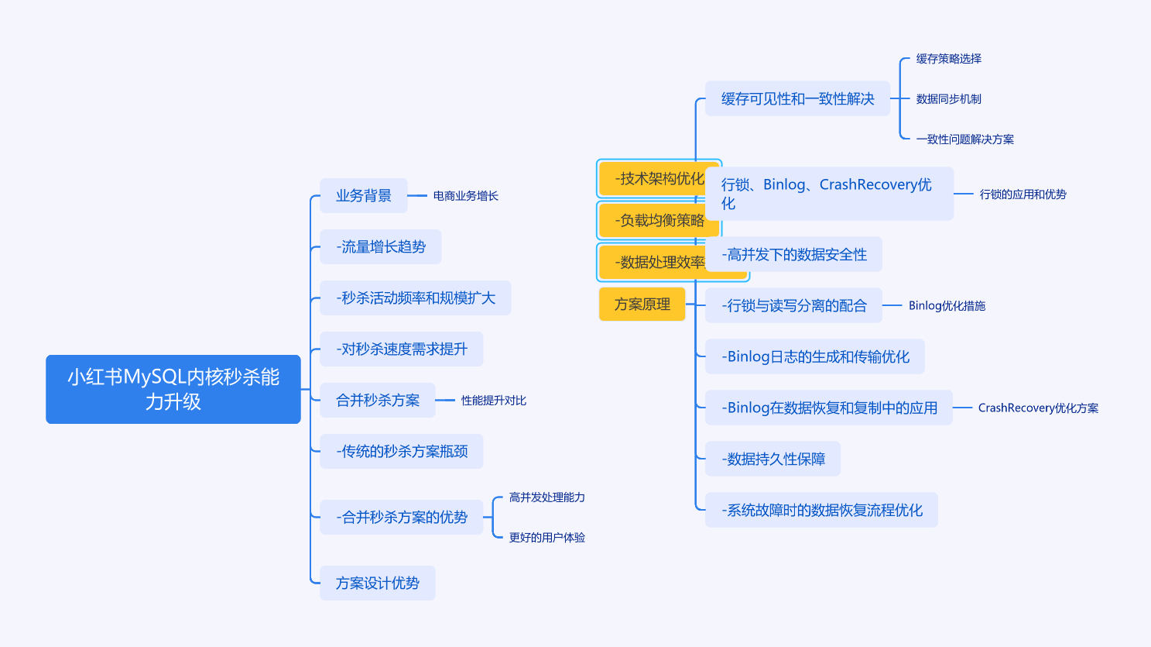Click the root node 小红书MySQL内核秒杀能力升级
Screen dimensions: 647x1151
tap(173, 389)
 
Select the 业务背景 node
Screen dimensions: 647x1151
tap(363, 195)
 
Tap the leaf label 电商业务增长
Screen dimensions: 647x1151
tap(465, 196)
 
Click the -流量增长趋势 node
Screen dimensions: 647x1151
tap(380, 246)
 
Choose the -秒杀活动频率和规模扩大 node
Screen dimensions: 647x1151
tap(415, 298)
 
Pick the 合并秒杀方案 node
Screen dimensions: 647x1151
tap(377, 400)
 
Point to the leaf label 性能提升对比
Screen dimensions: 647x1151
tap(493, 401)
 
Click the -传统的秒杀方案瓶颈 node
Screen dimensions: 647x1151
tap(401, 451)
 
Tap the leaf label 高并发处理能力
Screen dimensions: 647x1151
tap(546, 497)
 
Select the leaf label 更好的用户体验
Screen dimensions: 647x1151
tap(546, 538)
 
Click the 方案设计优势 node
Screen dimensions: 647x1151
tap(377, 583)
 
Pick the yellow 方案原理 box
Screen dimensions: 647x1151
tap(642, 304)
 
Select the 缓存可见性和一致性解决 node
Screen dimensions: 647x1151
tap(797, 98)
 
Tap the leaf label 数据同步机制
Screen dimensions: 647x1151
tap(948, 99)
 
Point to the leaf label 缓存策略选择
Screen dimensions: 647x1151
tap(948, 59)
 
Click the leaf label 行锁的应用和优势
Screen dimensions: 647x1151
tap(1023, 194)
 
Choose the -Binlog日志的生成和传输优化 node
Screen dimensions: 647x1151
tap(814, 356)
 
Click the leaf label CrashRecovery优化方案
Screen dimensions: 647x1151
tap(1037, 408)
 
